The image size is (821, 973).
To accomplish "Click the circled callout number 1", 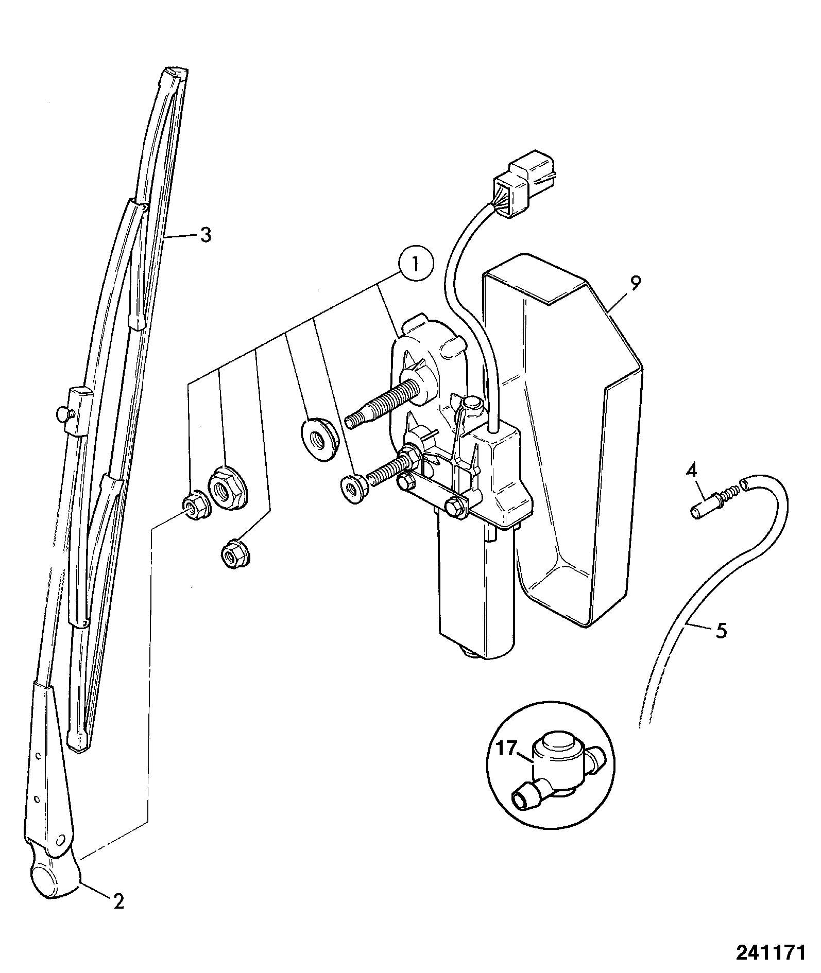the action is pos(415,264).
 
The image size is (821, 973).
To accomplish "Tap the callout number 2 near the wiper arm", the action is pos(118,900).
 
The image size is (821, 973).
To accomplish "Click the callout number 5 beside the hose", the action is pos(721,630).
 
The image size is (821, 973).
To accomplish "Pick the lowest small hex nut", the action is pos(234,553).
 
